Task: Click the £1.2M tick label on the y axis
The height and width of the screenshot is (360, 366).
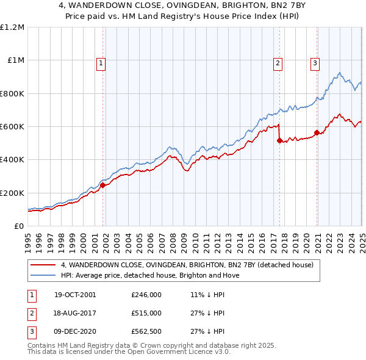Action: click(13, 27)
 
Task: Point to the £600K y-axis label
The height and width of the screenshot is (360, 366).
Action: click(12, 127)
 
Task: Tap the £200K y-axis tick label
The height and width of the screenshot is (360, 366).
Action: click(12, 193)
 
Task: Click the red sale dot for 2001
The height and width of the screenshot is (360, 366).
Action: click(103, 185)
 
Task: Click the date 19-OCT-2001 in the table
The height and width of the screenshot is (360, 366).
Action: click(75, 294)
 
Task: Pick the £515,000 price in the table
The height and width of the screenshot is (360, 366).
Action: click(146, 313)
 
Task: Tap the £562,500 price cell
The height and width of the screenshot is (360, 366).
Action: click(146, 332)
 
